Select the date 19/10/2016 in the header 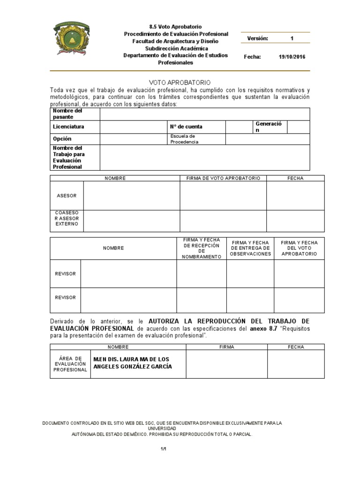pos(292,57)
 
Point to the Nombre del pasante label pos(67,113)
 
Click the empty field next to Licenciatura pos(134,127)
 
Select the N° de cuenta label pos(186,127)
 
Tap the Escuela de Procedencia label pos(184,139)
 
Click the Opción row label pos(62,139)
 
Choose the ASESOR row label pos(67,195)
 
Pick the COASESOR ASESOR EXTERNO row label pos(67,218)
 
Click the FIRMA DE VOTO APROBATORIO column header pos(223,178)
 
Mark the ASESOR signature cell pos(223,195)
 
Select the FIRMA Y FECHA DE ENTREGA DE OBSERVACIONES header pos(250,248)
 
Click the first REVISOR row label pos(65,274)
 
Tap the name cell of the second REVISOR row pos(128,300)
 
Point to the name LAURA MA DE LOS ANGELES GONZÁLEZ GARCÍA pos(133,363)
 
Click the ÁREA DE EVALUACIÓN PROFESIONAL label pos(70,364)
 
